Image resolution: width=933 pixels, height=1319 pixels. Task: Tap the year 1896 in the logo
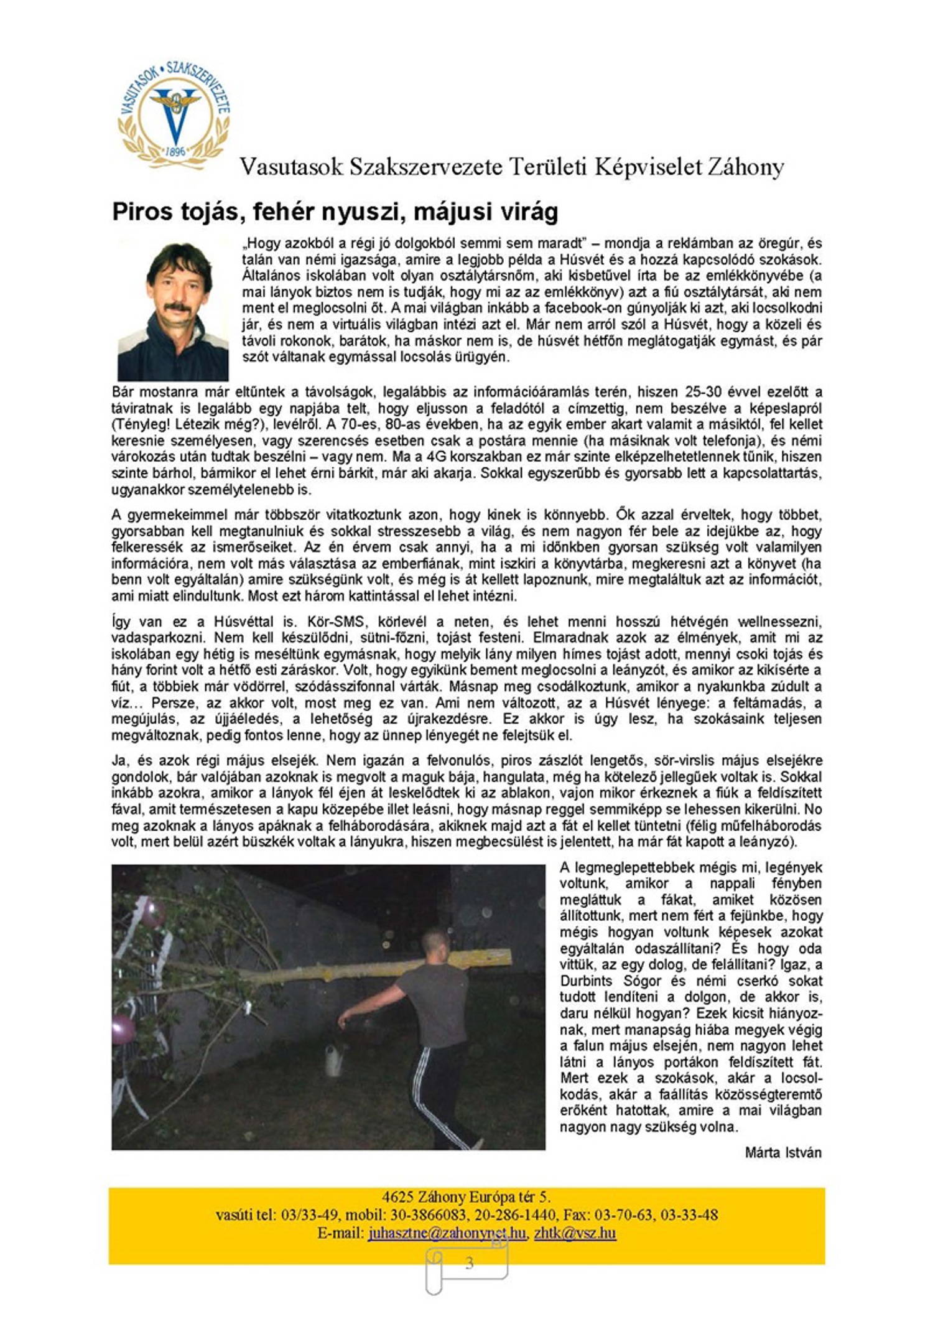[x=177, y=151]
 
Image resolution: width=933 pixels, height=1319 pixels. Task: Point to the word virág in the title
[x=529, y=212]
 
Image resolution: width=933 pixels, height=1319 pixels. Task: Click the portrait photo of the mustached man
[x=173, y=309]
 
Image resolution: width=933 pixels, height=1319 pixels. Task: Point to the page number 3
[x=469, y=1262]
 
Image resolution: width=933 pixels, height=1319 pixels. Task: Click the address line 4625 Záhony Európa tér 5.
[x=466, y=1196]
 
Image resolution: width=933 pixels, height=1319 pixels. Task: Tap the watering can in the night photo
[x=332, y=1058]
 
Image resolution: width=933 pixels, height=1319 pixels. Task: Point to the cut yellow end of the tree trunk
[x=498, y=958]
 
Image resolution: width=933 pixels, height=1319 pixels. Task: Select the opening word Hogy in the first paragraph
[x=259, y=243]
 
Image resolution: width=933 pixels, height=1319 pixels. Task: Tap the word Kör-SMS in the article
[x=330, y=622]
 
